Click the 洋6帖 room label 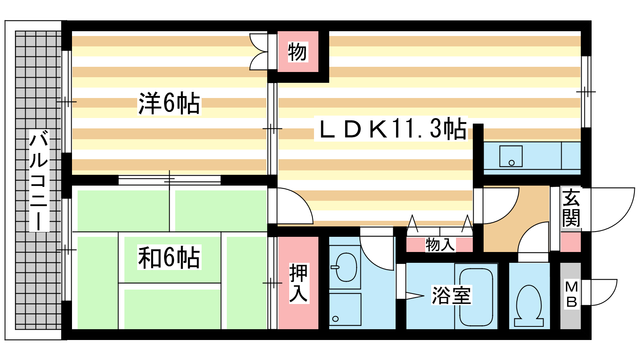(x=169, y=104)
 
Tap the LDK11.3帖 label (x=391, y=128)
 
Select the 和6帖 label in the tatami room (x=169, y=257)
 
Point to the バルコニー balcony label (x=39, y=180)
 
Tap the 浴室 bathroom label (x=452, y=296)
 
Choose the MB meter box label (x=572, y=294)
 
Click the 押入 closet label (x=298, y=283)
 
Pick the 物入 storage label (x=440, y=244)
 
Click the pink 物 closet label (x=298, y=52)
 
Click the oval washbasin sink (x=346, y=267)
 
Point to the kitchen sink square (x=511, y=156)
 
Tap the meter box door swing (x=600, y=292)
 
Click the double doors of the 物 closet (x=259, y=52)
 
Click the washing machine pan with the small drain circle (x=345, y=310)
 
